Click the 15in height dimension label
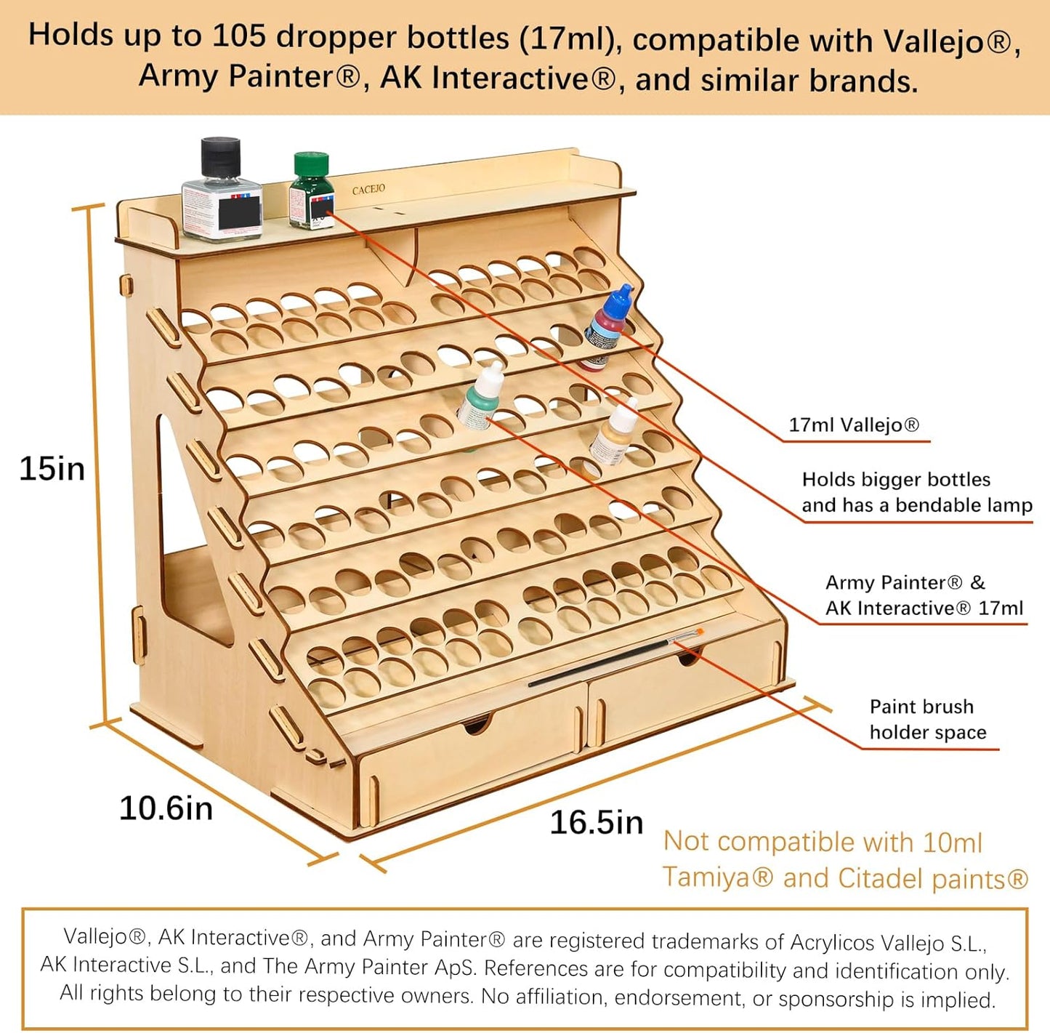(x=52, y=468)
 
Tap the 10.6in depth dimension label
(x=166, y=808)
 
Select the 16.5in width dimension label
(x=597, y=822)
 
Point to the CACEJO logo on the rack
(x=368, y=190)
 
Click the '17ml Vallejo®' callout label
(x=854, y=425)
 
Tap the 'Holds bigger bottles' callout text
(x=895, y=480)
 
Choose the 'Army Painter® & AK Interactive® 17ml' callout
(x=924, y=595)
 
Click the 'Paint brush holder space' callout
(x=927, y=720)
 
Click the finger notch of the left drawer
(x=477, y=724)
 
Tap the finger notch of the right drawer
(x=687, y=659)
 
